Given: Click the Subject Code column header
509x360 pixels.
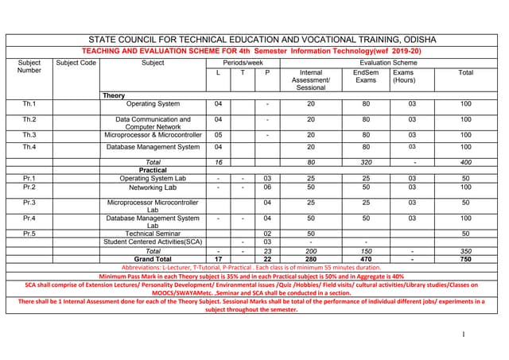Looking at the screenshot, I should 76,62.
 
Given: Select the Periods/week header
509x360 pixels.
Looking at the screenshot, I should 243,62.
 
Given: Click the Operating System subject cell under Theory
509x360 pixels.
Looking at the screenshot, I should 153,104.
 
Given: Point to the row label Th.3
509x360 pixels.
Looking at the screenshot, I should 29,135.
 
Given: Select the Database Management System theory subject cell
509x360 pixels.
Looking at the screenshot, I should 153,147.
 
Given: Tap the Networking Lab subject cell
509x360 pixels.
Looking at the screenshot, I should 153,188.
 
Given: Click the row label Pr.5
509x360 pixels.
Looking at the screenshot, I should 29,233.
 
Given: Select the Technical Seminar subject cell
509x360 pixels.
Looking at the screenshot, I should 153,233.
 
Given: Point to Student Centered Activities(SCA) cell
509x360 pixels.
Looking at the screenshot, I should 153,242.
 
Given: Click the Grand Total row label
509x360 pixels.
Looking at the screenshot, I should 153,258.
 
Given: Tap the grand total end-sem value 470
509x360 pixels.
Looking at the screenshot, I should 366,258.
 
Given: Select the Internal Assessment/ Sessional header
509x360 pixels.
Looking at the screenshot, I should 311,79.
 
